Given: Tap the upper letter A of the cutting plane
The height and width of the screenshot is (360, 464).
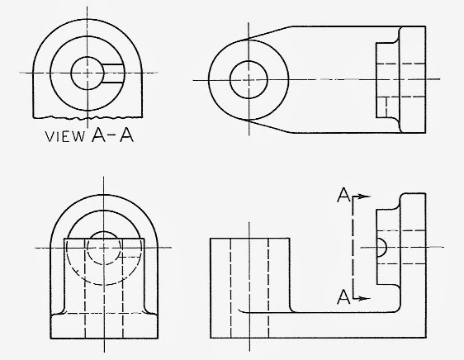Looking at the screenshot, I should point(342,195).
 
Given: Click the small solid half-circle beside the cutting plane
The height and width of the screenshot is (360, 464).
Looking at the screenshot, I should point(380,246).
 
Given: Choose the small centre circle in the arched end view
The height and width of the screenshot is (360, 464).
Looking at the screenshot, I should point(103,246).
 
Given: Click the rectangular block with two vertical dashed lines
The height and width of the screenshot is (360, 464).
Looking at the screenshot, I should point(249,286).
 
